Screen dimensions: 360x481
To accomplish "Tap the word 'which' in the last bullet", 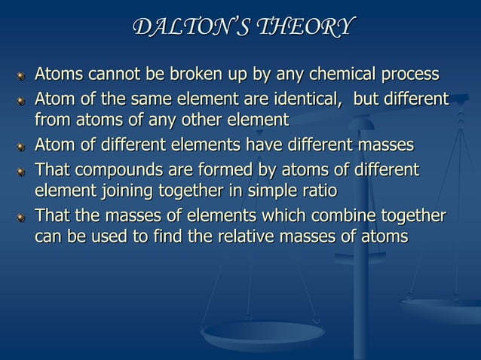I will pyautogui.click(x=282, y=218).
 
